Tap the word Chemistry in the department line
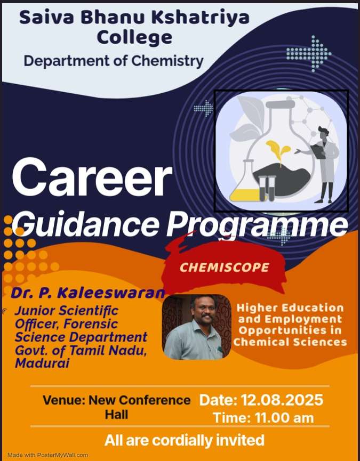click(167, 61)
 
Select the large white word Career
click(92, 177)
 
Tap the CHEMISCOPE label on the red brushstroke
click(225, 267)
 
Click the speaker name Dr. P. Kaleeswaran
click(87, 293)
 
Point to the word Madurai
click(42, 363)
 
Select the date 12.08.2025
click(282, 400)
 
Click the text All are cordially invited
click(185, 440)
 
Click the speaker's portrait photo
click(196, 327)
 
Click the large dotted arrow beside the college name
click(309, 54)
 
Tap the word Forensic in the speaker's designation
click(91, 324)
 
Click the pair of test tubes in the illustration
click(267, 188)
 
